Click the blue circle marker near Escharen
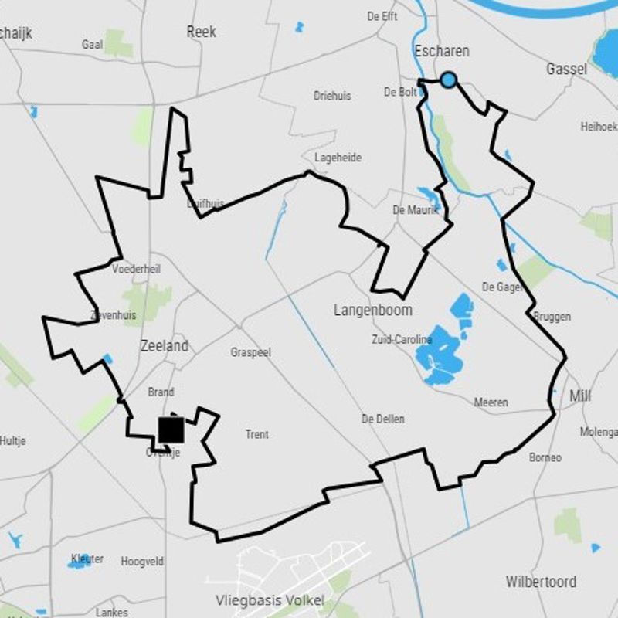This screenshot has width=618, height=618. tap(448, 80)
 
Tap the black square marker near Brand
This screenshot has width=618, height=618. tap(171, 430)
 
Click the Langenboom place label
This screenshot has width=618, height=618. tap(373, 310)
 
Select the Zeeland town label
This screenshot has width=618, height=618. tap(165, 346)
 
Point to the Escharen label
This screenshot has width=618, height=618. tap(442, 51)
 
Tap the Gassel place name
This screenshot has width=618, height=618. tap(566, 69)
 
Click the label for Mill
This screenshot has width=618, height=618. tap(580, 396)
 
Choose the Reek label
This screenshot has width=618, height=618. tap(202, 32)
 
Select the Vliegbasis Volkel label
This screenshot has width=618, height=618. tap(270, 601)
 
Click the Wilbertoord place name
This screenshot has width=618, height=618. tap(542, 582)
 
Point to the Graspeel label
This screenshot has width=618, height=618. tap(251, 352)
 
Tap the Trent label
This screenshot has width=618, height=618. tap(257, 434)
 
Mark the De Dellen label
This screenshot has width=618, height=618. tap(383, 419)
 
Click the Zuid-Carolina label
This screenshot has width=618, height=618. tap(401, 340)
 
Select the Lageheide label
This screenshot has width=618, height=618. tap(338, 158)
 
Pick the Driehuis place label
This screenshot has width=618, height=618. tap(332, 96)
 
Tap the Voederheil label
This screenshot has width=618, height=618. tap(136, 269)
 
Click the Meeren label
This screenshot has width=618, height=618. tap(491, 402)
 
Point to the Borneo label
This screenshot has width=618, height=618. tap(545, 457)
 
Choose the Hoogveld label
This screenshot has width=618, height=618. tap(142, 562)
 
